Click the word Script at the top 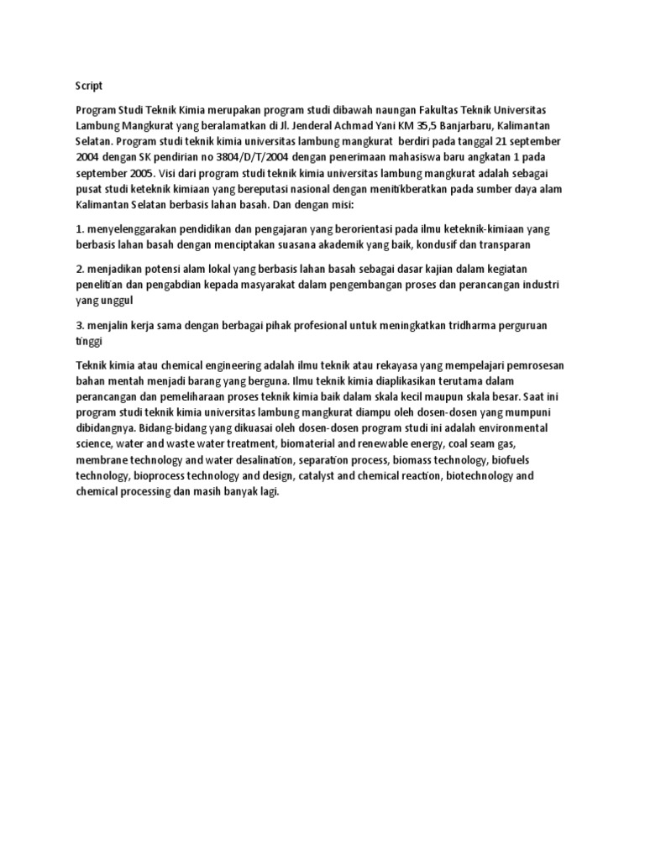pyautogui.click(x=88, y=85)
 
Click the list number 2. pyautogui.click(x=80, y=270)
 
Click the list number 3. pyautogui.click(x=80, y=325)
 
